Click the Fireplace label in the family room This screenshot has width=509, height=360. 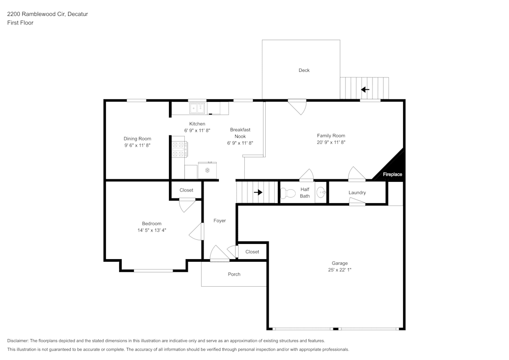click(x=392, y=174)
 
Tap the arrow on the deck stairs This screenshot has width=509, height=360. click(x=365, y=90)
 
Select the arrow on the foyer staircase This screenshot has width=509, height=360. click(x=258, y=192)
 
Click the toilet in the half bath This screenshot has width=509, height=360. click(x=288, y=193)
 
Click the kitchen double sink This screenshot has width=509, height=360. click(x=197, y=108)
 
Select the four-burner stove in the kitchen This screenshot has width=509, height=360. click(x=179, y=149)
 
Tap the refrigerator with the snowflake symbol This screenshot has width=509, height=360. click(x=207, y=170)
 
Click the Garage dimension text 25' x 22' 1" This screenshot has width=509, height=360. click(x=340, y=270)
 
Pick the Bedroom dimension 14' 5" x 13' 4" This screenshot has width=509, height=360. click(x=152, y=230)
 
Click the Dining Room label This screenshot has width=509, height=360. click(x=137, y=139)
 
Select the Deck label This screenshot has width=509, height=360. click(x=304, y=70)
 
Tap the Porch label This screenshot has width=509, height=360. click(x=234, y=274)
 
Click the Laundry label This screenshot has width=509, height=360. click(x=357, y=192)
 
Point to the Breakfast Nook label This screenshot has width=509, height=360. click(x=240, y=133)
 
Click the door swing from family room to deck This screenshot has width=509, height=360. click(x=298, y=107)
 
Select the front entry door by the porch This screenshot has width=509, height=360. click(x=219, y=254)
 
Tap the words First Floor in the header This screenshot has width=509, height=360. click(x=20, y=23)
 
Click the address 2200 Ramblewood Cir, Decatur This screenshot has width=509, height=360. click(x=47, y=14)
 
